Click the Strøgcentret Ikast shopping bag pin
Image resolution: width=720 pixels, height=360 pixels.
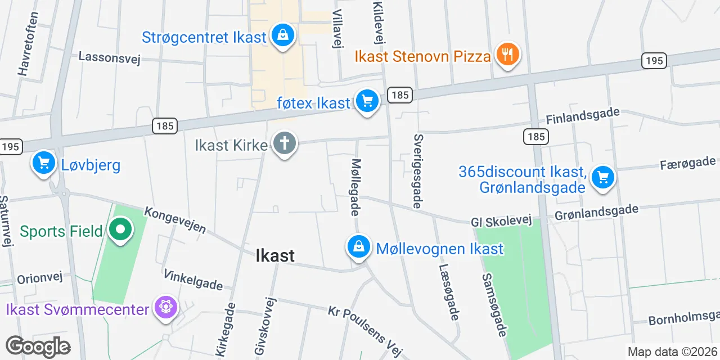283,36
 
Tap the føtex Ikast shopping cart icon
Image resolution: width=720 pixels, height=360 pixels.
367,101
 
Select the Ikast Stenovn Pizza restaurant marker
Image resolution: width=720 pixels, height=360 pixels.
507,55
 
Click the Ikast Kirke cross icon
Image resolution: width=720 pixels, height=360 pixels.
285,143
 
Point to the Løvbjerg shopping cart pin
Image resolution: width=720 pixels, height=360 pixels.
44,163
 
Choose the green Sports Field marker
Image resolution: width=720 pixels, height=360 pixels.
120,229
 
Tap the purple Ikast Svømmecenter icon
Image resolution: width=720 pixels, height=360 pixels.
166,307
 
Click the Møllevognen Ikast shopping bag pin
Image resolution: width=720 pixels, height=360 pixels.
358,246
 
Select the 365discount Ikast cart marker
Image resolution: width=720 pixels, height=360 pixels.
603,178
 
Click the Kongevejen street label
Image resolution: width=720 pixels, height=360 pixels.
175,220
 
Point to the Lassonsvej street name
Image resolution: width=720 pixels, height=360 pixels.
109,57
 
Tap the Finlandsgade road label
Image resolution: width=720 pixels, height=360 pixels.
583,116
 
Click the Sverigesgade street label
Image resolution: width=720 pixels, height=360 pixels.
417,170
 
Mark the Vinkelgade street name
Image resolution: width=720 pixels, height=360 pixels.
192,280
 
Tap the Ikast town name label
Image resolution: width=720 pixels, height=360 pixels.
275,255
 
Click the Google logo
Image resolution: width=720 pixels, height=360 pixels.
38,346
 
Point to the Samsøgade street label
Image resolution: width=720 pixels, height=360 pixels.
494,305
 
